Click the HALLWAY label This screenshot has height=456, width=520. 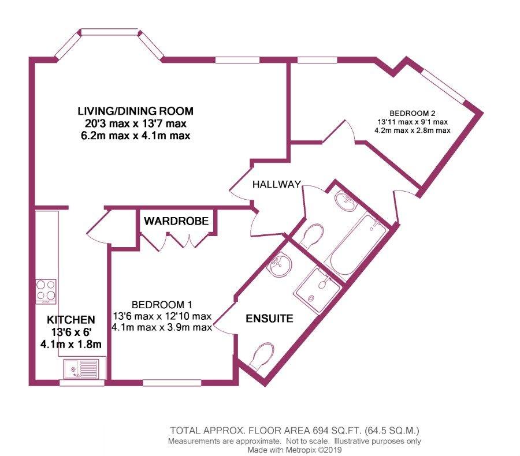(x=277, y=184)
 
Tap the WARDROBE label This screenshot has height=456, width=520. (x=176, y=220)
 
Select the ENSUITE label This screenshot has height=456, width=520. (x=269, y=319)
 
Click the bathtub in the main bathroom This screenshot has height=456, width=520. (x=356, y=245)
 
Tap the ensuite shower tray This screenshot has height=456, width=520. (x=317, y=290)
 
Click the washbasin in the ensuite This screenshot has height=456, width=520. (x=281, y=264)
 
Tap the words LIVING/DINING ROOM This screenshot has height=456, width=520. (x=136, y=111)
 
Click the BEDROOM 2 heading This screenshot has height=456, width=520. (x=412, y=113)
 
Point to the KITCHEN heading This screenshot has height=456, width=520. (x=71, y=320)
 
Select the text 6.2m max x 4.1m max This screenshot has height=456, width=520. (x=136, y=136)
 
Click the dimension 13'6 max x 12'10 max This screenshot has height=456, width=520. (x=162, y=316)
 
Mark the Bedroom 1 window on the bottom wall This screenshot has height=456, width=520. (x=172, y=383)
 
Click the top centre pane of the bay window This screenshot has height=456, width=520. (x=109, y=32)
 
